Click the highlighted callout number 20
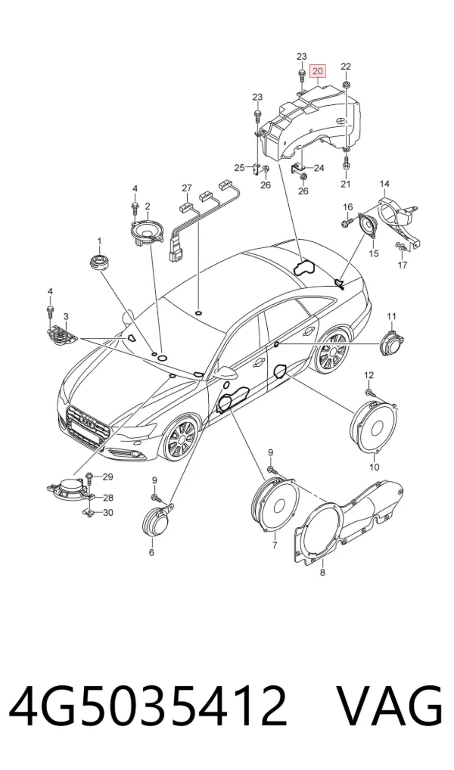(x=318, y=72)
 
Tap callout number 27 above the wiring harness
(x=187, y=188)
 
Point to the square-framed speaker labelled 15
(x=368, y=225)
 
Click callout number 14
(x=384, y=184)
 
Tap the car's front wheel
(x=182, y=438)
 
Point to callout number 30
(x=107, y=513)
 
